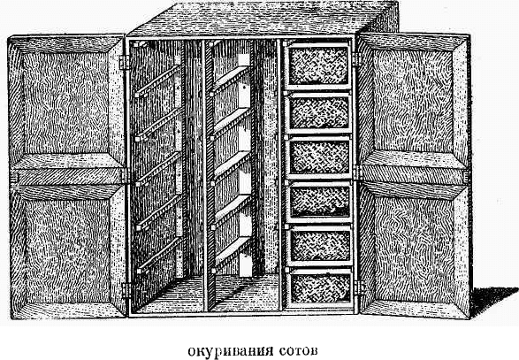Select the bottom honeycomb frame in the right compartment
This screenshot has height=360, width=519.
[319, 288]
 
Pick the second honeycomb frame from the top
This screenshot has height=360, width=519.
[318, 113]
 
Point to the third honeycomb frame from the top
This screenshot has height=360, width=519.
[319, 157]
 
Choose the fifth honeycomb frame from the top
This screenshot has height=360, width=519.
[319, 245]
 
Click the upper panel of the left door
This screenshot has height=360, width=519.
[66, 99]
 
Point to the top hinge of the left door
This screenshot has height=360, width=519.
[124, 63]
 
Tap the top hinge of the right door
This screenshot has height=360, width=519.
[356, 59]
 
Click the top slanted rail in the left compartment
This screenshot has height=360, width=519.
[158, 80]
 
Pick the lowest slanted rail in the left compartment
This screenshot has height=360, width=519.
[159, 256]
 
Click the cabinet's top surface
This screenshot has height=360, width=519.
[262, 19]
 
